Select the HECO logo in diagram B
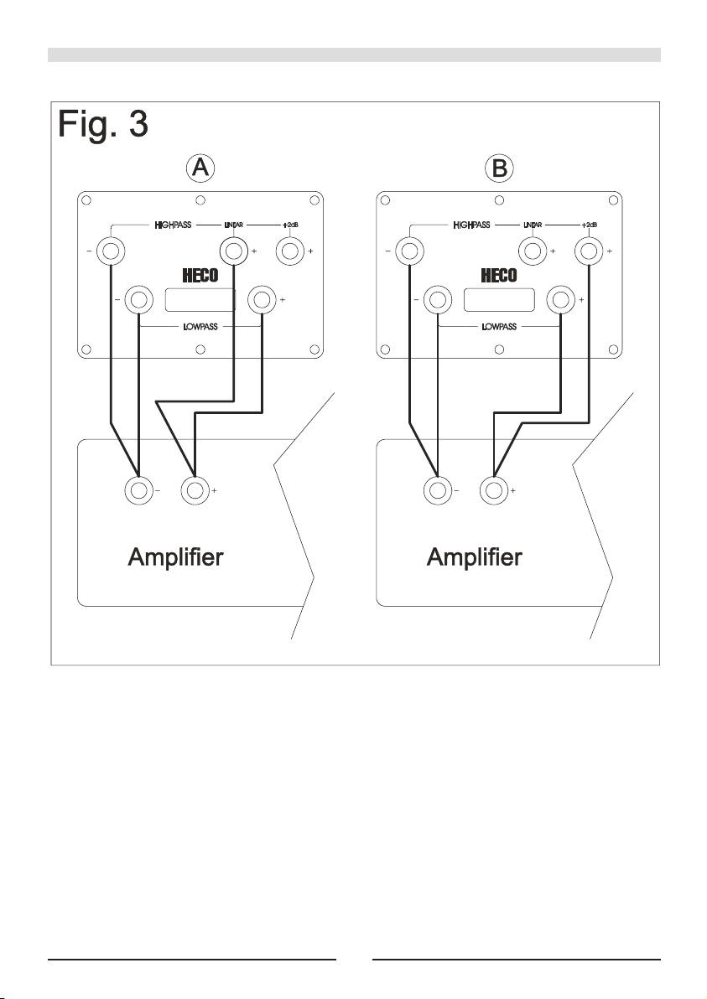[499, 275]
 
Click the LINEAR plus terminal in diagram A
[232, 250]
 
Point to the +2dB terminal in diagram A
[290, 250]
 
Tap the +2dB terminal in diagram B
[590, 250]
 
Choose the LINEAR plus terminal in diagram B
[532, 250]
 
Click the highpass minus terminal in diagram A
[111, 250]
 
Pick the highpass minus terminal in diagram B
[410, 250]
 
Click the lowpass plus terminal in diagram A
[263, 299]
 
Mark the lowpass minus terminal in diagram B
[438, 299]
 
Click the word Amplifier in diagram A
[175, 556]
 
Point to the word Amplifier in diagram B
[475, 556]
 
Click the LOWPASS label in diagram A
[200, 326]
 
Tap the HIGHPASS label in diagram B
[472, 225]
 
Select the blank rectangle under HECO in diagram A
[200, 299]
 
